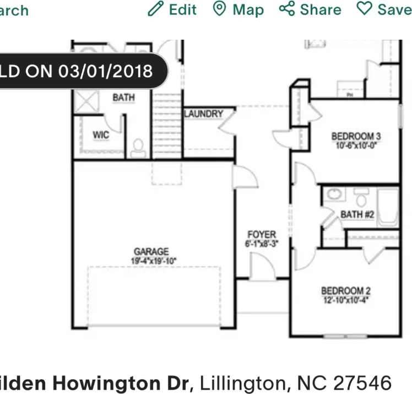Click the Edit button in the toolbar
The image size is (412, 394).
[x=172, y=9]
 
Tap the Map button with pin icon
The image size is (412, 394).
[x=238, y=9]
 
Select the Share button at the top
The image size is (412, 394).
[x=310, y=9]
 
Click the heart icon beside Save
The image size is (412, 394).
[x=364, y=9]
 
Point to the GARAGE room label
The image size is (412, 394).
[x=151, y=252]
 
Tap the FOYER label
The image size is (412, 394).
[x=261, y=235]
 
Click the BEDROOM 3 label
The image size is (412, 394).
[x=356, y=136]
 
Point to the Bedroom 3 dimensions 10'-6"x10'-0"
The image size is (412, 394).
[x=356, y=145]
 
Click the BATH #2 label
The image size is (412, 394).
[x=358, y=214]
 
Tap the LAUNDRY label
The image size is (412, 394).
[x=203, y=114]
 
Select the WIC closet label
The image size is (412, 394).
[x=101, y=135]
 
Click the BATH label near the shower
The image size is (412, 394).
[x=123, y=98]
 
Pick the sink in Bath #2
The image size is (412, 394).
[x=333, y=194]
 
